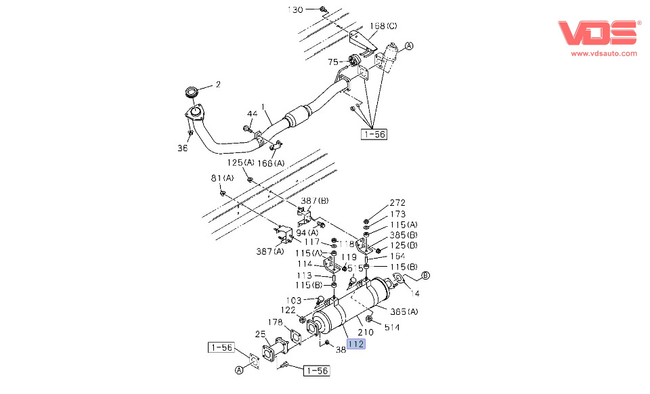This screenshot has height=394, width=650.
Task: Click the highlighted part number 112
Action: [356, 344]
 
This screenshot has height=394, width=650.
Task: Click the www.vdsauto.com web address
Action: [604, 53]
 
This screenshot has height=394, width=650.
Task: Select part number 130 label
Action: [296, 9]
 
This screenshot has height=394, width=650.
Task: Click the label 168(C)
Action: [383, 26]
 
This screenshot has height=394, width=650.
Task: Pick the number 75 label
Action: [332, 62]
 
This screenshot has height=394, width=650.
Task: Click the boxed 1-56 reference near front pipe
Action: [374, 134]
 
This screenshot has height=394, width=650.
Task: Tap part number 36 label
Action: [183, 148]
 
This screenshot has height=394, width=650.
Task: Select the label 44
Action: [252, 114]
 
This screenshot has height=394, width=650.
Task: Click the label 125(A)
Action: [240, 163]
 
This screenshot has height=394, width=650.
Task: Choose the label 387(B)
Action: [315, 200]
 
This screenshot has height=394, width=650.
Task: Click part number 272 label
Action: [397, 203]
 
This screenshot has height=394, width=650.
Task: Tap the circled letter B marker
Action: [426, 275]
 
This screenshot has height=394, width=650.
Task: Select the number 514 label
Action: [392, 328]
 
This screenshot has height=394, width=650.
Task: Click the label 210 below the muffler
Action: [366, 332]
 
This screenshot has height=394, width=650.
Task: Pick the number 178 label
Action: [275, 322]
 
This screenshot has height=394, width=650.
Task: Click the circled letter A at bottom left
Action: [238, 370]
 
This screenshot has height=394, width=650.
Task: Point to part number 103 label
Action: [294, 300]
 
